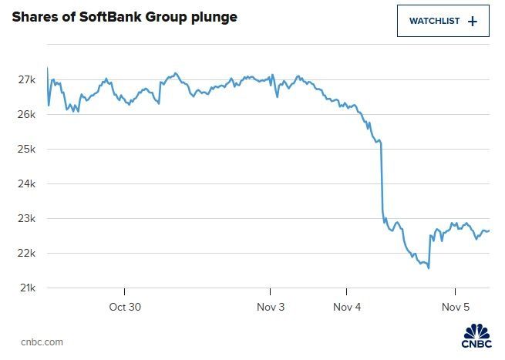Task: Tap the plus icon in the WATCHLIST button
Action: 473,22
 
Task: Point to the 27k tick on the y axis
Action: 26,80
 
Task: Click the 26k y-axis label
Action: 26,115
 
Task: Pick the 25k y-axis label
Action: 26,150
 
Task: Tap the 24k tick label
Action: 26,184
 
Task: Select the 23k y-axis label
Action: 26,219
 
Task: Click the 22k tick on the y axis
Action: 26,254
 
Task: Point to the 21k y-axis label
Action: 26,288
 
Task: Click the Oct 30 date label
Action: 125,307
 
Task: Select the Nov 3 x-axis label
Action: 271,307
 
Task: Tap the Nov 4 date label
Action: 347,307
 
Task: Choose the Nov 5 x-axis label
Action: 456,307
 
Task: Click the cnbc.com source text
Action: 42,342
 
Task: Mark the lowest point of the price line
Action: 428,268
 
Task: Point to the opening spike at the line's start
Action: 48,69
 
